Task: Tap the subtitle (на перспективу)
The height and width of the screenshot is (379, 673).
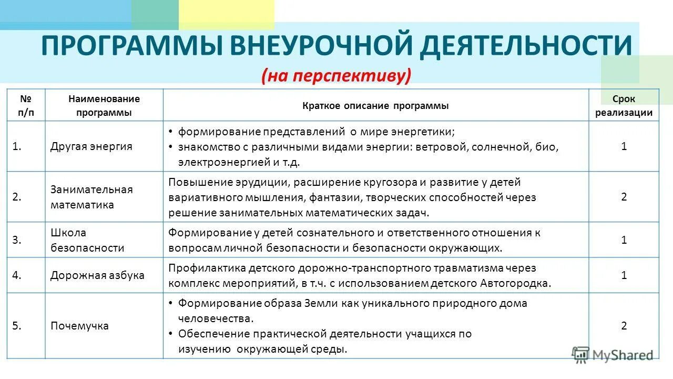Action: (336, 75)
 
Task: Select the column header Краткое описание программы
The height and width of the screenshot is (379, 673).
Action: (375, 106)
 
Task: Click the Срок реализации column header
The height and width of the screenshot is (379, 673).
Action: (624, 106)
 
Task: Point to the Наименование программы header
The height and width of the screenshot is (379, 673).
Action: (104, 106)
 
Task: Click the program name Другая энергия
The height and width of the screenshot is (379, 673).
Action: (91, 146)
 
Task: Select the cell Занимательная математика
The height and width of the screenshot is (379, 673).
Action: (91, 197)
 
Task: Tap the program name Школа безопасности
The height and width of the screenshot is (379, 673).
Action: (87, 240)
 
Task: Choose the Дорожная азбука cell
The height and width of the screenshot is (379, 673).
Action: (97, 275)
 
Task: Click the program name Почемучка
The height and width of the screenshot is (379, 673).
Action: (79, 326)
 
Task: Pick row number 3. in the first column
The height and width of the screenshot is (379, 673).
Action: (17, 240)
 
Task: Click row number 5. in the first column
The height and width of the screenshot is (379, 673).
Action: (17, 326)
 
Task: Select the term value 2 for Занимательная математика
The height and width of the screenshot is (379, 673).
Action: (624, 197)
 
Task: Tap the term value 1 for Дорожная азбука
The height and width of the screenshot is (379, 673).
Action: (624, 275)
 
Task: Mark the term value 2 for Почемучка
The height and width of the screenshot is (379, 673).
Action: (624, 326)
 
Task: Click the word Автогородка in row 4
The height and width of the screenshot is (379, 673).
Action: (514, 283)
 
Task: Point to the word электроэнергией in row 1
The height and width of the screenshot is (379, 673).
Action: (224, 162)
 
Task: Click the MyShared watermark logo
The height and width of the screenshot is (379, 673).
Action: (613, 355)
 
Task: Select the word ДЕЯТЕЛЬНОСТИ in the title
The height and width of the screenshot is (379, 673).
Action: (526, 46)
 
